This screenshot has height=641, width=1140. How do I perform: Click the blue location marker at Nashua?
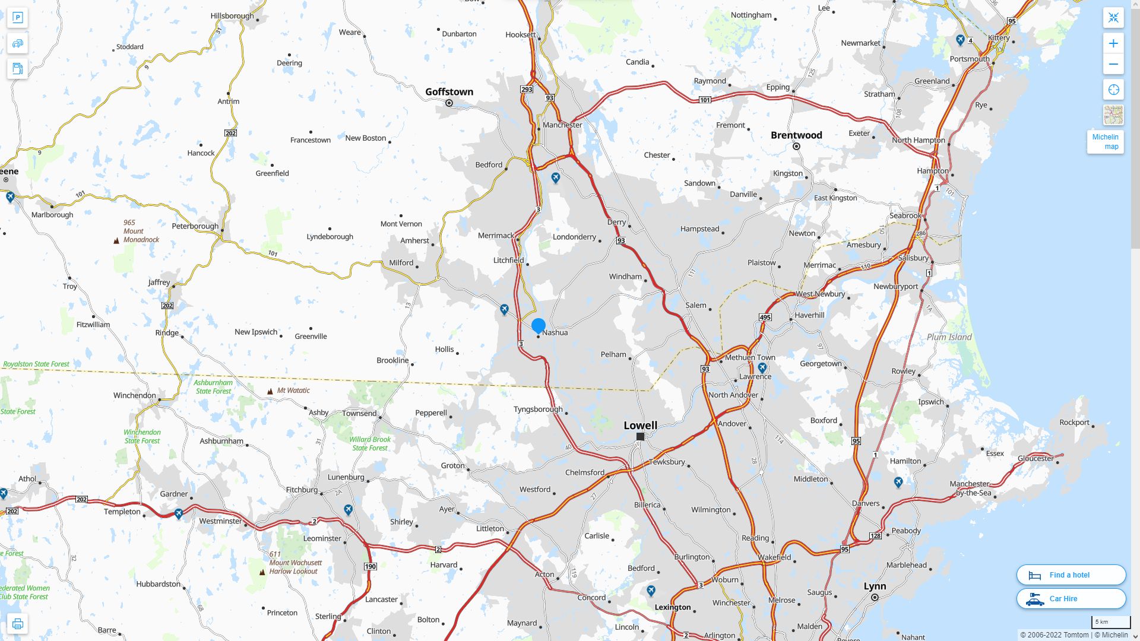coord(539,325)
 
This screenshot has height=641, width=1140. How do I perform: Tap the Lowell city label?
coord(640,425)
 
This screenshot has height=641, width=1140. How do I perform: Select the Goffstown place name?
coord(449,92)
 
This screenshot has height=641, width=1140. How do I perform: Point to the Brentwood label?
coord(796,135)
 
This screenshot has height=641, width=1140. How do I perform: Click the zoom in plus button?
coord(1113,43)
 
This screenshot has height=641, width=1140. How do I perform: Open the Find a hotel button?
coord(1071,575)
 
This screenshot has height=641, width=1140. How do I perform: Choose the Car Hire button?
coord(1071,598)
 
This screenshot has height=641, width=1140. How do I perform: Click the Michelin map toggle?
coord(1105,142)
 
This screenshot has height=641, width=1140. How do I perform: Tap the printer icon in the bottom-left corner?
coord(17,624)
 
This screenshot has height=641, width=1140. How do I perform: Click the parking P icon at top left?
coord(17,18)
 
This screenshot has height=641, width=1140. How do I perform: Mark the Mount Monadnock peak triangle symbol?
coord(116,240)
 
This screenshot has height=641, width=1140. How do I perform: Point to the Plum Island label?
coord(949,337)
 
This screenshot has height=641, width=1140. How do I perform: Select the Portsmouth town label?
coord(970,59)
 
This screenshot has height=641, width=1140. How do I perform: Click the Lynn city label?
coord(875,586)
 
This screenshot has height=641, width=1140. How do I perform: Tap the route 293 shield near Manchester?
coord(526,90)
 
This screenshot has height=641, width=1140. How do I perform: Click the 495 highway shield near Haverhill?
coord(765,318)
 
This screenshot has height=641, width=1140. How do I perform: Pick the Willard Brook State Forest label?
coord(370,443)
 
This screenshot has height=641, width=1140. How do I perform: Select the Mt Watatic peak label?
coord(293,391)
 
